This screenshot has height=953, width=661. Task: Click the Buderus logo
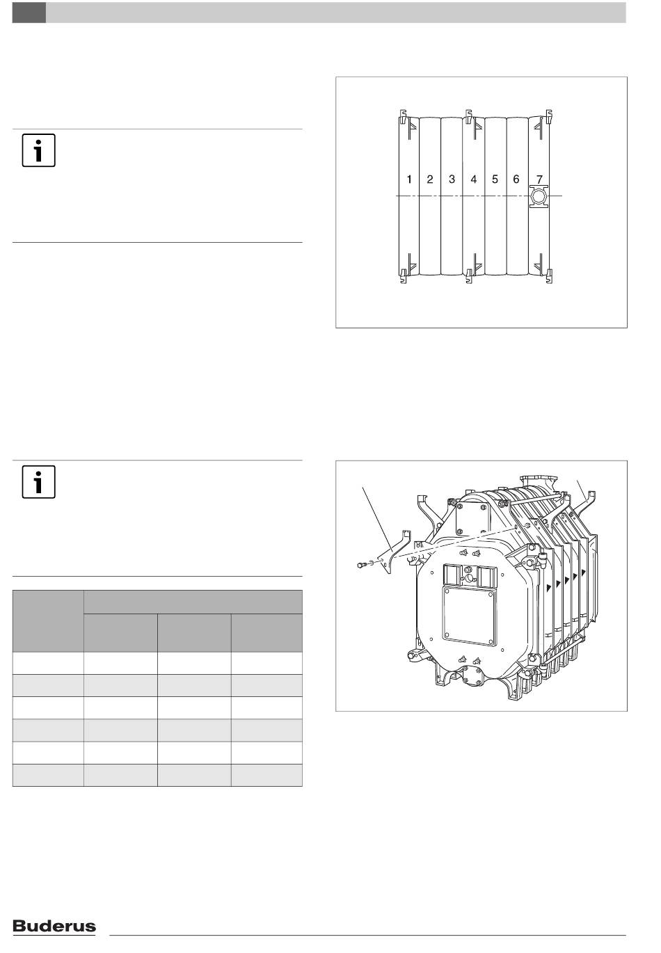point(54,926)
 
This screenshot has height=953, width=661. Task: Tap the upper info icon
point(39,150)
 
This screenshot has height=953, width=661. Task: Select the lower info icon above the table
point(39,481)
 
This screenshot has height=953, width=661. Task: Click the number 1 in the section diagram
point(409,179)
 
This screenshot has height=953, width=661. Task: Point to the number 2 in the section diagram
point(430,179)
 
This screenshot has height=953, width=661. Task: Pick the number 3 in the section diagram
point(452,179)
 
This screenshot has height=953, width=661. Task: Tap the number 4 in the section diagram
point(473,179)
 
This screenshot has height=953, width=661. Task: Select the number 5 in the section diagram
point(495,179)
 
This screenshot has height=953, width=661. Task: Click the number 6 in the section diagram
point(516,179)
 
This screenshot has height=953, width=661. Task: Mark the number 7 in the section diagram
point(540,179)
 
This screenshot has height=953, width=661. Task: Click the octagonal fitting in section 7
point(539,197)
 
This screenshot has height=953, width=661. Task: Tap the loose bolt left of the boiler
point(361,565)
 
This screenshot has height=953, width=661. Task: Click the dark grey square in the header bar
point(29,13)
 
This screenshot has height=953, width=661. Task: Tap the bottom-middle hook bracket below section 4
point(469,277)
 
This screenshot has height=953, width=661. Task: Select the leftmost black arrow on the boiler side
point(549,587)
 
